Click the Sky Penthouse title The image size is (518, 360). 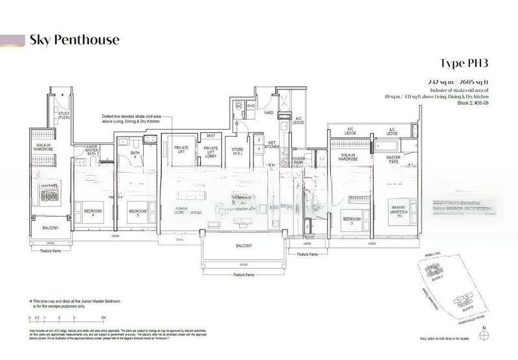pyautogui.click(x=74, y=40)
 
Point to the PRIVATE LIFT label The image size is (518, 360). pyautogui.click(x=181, y=150)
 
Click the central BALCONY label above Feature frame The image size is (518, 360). pyautogui.click(x=243, y=247)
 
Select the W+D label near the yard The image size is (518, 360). pyautogui.click(x=250, y=105)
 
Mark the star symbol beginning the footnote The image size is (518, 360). pyautogui.click(x=30, y=302)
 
